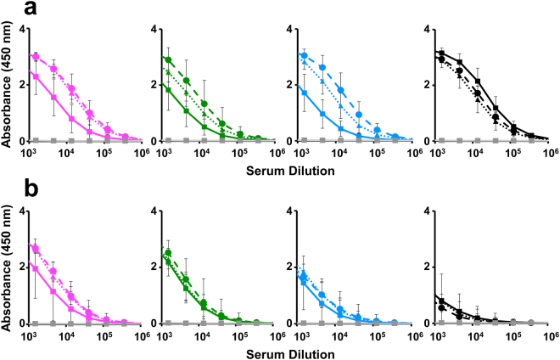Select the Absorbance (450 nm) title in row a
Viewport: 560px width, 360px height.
point(8,85)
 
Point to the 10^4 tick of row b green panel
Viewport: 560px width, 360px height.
point(202,335)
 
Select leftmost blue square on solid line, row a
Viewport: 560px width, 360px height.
point(302,90)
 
